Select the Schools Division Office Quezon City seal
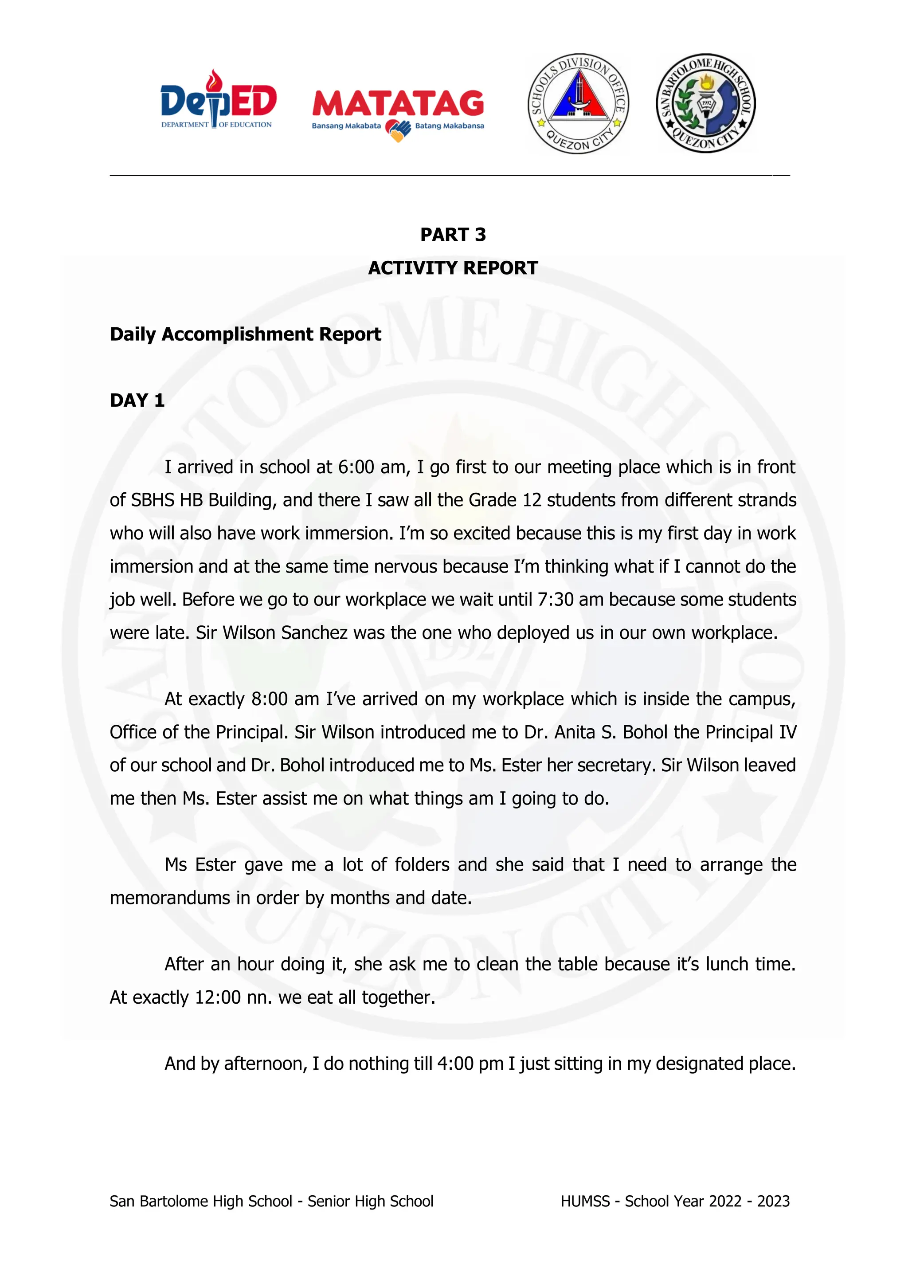click(x=578, y=104)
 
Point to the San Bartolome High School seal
click(x=705, y=104)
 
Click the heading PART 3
click(x=453, y=234)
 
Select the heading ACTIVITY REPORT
click(x=453, y=268)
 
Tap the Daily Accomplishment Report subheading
click(x=246, y=334)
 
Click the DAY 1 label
click(x=137, y=401)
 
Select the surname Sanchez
click(x=315, y=632)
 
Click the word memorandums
click(x=169, y=898)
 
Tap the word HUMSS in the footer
click(x=585, y=1201)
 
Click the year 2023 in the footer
click(x=773, y=1201)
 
